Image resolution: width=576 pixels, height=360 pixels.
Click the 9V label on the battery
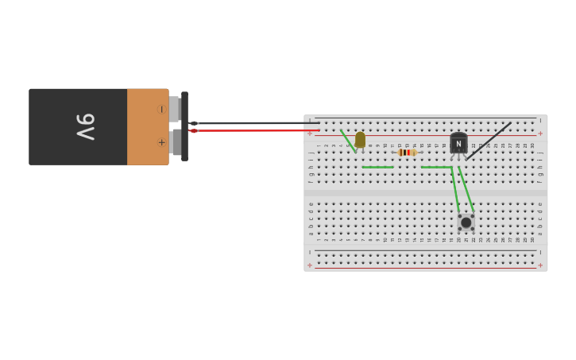[x=86, y=126]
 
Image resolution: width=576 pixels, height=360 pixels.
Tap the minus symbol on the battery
[x=161, y=109]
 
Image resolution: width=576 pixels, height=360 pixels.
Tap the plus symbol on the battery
[x=161, y=143]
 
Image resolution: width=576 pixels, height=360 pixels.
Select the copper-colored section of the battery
[x=147, y=126]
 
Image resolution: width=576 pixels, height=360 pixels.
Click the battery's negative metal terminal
[x=174, y=109]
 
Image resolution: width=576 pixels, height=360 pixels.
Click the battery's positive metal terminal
[x=174, y=143]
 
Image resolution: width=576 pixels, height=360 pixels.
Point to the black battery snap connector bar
[x=184, y=126]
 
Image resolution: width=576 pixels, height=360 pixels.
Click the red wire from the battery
[x=254, y=130]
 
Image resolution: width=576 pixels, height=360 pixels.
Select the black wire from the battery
[x=254, y=123]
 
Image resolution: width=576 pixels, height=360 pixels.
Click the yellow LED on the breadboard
[x=360, y=140]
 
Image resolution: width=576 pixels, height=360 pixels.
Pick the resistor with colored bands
[x=407, y=153]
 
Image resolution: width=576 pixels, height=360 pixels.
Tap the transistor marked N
[x=458, y=143]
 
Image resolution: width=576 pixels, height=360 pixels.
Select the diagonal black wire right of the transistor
[x=489, y=141]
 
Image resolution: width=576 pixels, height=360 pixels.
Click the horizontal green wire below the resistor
[x=435, y=167]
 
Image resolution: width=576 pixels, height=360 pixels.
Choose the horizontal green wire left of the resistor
[x=377, y=167]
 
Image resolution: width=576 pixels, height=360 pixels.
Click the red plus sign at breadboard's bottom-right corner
[x=540, y=265]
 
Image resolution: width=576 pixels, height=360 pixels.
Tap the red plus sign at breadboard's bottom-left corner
[x=310, y=265]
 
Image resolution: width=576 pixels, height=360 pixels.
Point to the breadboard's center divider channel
[x=425, y=192]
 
